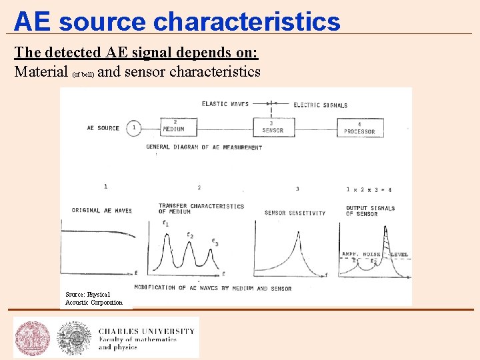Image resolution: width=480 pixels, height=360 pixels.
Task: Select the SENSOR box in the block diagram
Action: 272,127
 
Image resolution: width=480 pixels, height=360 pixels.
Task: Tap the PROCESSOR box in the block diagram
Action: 359,127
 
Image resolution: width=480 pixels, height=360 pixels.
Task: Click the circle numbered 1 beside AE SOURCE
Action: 134,127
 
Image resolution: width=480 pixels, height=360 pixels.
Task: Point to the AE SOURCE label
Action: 103,128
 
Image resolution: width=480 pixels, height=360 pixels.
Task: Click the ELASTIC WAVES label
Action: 225,104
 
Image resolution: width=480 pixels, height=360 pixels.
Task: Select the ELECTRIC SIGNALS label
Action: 321,105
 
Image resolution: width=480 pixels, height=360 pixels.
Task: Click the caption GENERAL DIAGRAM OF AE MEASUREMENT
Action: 204,147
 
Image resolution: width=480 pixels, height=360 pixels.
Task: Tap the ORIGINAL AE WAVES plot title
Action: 101,211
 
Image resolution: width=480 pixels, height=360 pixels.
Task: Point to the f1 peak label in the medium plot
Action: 165,223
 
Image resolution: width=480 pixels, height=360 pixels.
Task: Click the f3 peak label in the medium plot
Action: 214,242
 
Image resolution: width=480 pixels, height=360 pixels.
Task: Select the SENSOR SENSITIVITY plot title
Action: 295,213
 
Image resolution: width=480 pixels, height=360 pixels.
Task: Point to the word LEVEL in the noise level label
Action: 399,255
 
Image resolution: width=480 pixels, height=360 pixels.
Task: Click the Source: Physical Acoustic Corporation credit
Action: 94,298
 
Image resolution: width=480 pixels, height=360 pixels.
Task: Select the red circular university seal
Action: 33,338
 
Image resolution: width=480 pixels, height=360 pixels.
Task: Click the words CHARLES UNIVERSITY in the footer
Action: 147,331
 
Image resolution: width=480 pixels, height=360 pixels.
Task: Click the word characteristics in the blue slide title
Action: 247,21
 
